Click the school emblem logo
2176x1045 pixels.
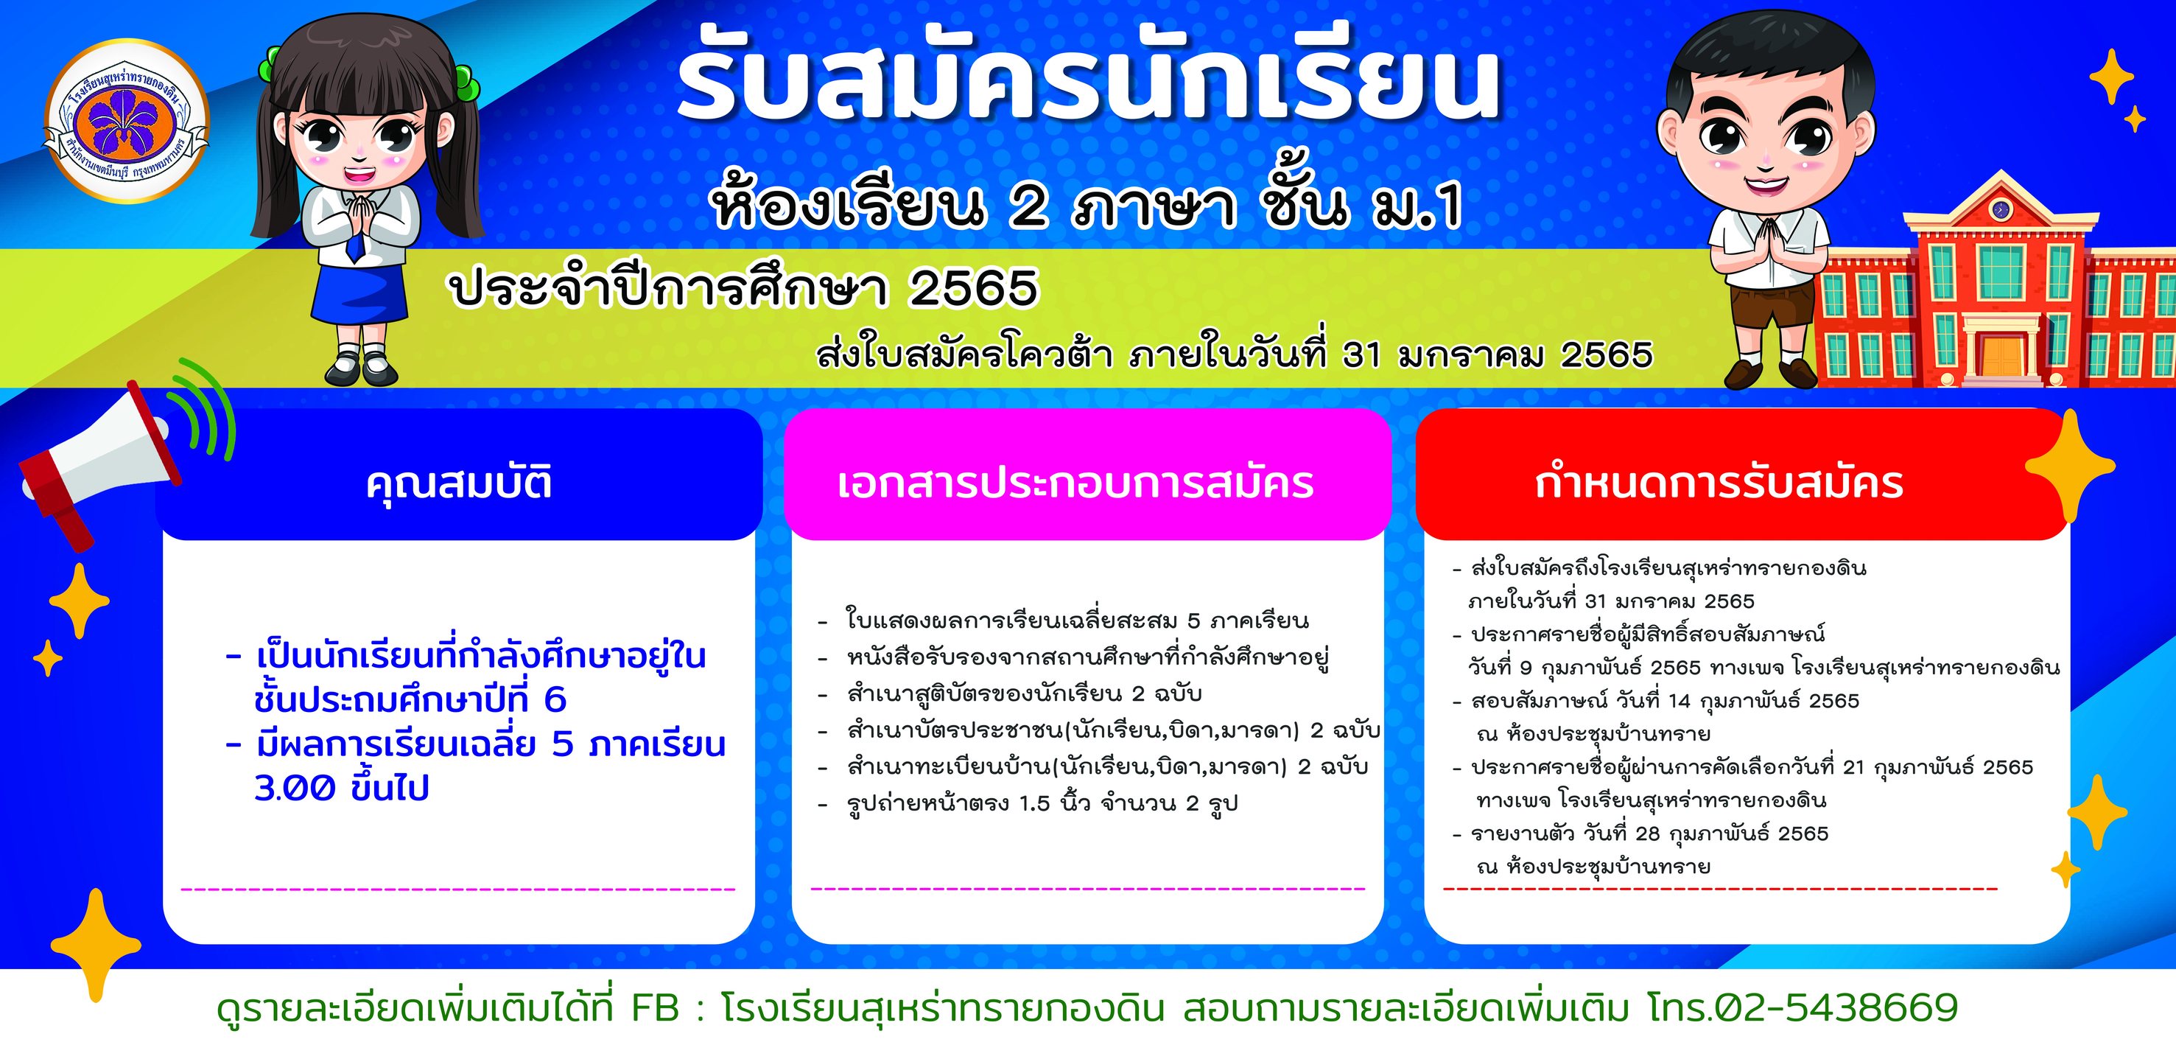point(126,122)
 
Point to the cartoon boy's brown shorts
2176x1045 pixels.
point(1769,302)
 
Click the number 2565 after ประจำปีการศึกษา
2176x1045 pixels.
point(973,289)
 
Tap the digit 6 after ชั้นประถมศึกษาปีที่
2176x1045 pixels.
point(555,699)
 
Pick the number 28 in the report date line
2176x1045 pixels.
point(1647,833)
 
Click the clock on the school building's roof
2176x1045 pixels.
point(1999,208)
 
